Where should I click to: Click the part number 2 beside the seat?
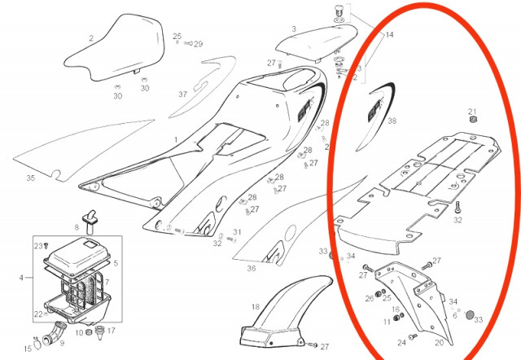(91, 39)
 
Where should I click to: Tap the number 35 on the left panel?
(31, 178)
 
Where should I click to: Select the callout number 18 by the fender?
(255, 307)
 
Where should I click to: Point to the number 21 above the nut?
(472, 112)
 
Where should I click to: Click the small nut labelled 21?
(473, 119)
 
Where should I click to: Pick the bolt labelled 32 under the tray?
(458, 207)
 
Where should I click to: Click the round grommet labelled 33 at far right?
(469, 314)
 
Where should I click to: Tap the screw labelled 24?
(413, 336)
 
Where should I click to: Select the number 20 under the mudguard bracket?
(440, 342)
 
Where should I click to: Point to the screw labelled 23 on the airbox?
(46, 245)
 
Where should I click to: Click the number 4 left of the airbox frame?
(21, 277)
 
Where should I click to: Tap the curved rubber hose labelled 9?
(53, 332)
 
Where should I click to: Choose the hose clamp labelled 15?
(37, 344)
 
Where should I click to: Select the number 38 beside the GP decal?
(392, 121)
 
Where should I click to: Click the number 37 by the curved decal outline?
(182, 94)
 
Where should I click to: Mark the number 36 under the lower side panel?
(252, 268)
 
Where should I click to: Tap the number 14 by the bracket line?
(389, 34)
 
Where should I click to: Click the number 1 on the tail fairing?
(176, 140)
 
